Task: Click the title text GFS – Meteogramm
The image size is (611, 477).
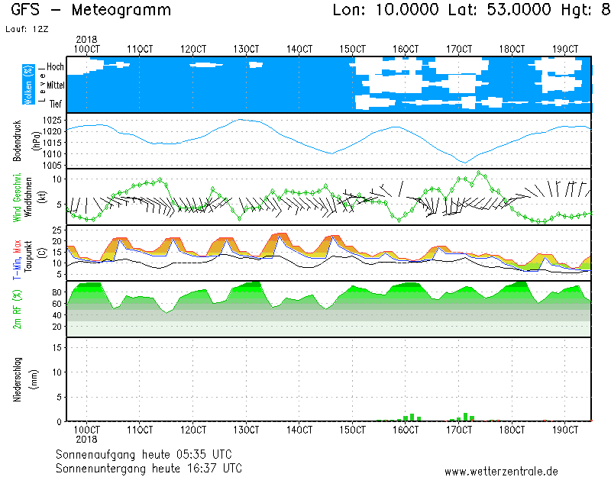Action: click(x=91, y=10)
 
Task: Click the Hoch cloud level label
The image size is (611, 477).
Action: click(x=55, y=67)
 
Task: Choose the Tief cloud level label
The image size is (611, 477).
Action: click(x=56, y=104)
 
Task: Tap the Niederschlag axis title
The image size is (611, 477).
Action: click(x=16, y=379)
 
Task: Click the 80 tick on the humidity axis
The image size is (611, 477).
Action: click(x=57, y=292)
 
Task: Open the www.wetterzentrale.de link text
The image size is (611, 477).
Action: click(x=501, y=472)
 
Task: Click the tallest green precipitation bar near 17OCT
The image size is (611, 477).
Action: click(x=465, y=417)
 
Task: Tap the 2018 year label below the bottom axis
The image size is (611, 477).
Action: click(x=86, y=440)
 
